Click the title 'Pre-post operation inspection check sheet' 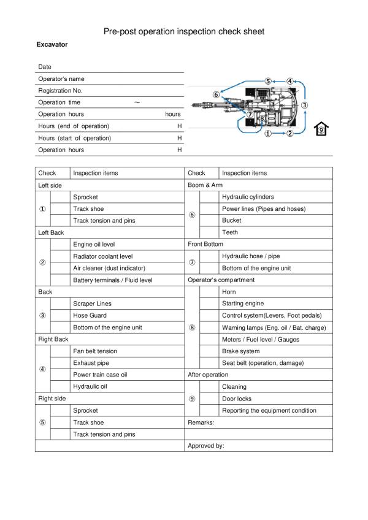click(183, 31)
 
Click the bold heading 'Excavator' click(52, 45)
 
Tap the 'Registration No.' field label click(60, 90)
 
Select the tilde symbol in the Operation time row click(137, 102)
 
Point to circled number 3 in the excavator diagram click(305, 105)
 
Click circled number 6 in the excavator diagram click(216, 94)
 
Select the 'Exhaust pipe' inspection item click(91, 363)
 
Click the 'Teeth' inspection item click(229, 232)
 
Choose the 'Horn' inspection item click(228, 292)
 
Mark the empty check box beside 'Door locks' click(209, 399)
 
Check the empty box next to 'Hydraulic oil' click(59, 386)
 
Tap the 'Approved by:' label click(206, 446)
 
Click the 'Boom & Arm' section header click(205, 185)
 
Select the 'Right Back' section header click(53, 339)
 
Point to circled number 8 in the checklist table click(192, 327)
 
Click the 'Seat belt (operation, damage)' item click(263, 363)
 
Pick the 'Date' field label click(45, 67)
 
